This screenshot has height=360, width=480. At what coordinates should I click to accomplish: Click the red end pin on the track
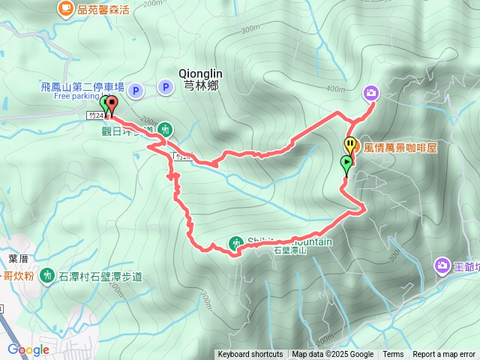(x=112, y=104)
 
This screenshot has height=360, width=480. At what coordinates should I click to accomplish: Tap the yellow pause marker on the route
(x=350, y=145)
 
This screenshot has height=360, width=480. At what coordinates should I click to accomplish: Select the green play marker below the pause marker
(x=346, y=163)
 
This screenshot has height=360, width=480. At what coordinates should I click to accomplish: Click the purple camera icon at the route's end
(x=371, y=93)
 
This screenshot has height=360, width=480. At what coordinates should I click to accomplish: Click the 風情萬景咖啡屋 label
(x=400, y=148)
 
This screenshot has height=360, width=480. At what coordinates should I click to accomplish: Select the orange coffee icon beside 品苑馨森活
(x=65, y=8)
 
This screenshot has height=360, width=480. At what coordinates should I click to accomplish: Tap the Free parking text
(x=76, y=96)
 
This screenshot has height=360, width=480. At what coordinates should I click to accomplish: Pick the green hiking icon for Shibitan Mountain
(x=236, y=242)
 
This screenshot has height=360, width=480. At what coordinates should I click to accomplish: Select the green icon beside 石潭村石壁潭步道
(x=47, y=276)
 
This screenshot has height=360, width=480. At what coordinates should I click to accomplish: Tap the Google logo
(x=28, y=349)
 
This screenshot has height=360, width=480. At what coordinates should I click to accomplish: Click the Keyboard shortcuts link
(x=250, y=355)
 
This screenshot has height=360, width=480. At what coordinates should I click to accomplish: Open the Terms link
(x=393, y=355)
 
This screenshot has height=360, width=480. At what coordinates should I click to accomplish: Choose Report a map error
(x=444, y=355)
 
